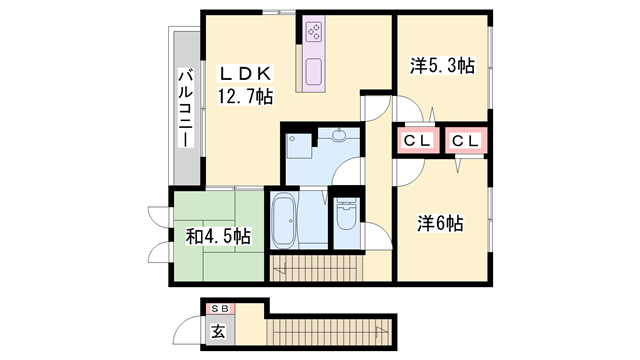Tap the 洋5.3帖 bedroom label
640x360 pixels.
[441, 66]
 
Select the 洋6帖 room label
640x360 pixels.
[440, 224]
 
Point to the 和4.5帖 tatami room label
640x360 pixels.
[217, 237]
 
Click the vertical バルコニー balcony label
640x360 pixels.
[185, 108]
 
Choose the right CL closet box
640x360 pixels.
[465, 141]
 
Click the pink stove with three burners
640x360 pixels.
[313, 32]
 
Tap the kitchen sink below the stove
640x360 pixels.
[313, 72]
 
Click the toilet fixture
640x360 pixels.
[346, 216]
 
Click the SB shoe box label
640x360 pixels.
[217, 306]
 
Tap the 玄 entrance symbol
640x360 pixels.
[217, 330]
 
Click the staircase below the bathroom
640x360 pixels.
[317, 267]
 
